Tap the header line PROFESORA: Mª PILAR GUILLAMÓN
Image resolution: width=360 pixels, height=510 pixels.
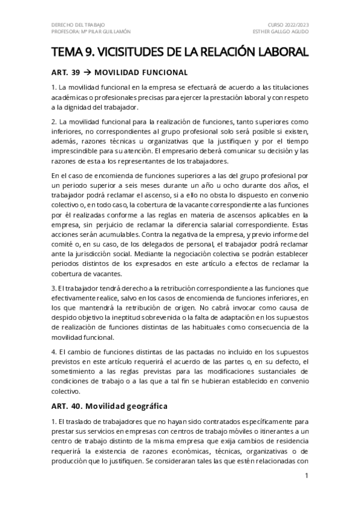click(x=90, y=31)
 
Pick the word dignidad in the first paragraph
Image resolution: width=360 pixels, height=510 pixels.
click(x=85, y=108)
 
